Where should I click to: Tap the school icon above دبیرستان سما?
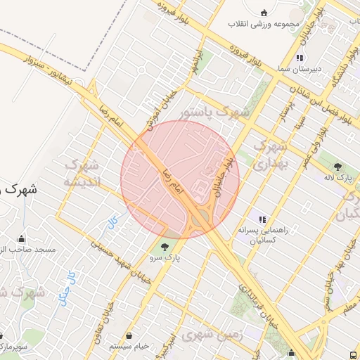coord(300,58)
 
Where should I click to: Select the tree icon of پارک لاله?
coord(338,167)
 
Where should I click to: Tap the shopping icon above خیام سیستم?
coord(130,335)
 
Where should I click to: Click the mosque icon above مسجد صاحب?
coord(22,239)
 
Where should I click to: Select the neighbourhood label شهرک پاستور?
coord(214,112)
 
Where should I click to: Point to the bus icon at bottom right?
coord(352,355)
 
